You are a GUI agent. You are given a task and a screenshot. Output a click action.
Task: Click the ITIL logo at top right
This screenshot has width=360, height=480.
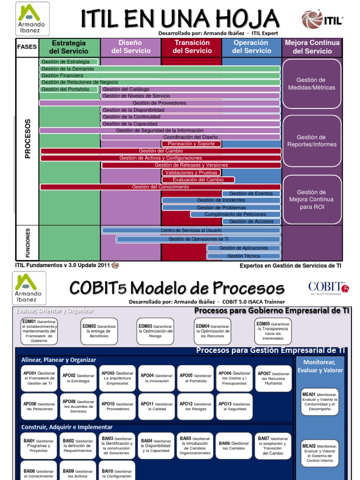pyautogui.click(x=322, y=20)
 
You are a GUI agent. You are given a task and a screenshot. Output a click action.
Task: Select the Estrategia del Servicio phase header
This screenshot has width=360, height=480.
pyautogui.click(x=69, y=47)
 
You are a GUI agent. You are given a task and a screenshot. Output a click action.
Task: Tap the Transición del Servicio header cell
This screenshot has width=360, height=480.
pyautogui.click(x=191, y=47)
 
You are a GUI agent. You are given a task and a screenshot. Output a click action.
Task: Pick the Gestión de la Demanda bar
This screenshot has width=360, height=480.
pyautogui.click(x=160, y=69)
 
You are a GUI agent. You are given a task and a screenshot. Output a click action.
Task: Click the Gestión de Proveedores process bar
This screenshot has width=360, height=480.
pyautogui.click(x=160, y=103)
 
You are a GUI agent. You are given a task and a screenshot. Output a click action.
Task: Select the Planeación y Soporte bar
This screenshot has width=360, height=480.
pyautogui.click(x=191, y=144)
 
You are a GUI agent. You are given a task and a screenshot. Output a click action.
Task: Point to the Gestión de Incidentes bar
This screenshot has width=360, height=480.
pyautogui.click(x=221, y=200)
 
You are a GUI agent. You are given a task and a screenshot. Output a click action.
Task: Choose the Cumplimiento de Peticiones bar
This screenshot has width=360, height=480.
pyautogui.click(x=235, y=214)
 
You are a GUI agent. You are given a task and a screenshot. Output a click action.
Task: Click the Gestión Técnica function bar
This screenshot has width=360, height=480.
pyautogui.click(x=244, y=256)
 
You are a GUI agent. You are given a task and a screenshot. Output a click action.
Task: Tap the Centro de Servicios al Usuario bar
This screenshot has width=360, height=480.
pyautogui.click(x=191, y=231)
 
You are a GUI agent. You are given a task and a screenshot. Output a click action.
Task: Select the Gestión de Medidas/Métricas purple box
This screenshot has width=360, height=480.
pyautogui.click(x=312, y=84)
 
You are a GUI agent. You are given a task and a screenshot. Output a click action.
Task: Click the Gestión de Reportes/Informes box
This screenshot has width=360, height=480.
pyautogui.click(x=312, y=141)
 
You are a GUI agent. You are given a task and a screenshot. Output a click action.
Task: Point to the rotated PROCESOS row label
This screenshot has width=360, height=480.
pyautogui.click(x=27, y=139)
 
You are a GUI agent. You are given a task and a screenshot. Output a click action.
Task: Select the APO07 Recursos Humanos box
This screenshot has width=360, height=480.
pyautogui.click(x=273, y=378)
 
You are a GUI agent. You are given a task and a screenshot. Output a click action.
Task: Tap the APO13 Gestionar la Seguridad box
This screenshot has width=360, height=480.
pyautogui.click(x=235, y=406)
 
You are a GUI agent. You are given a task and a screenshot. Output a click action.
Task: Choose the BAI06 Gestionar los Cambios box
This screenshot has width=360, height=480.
pyautogui.click(x=234, y=446)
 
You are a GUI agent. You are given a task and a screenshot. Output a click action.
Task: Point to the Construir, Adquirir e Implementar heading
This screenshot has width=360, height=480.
pyautogui.click(x=67, y=427)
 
